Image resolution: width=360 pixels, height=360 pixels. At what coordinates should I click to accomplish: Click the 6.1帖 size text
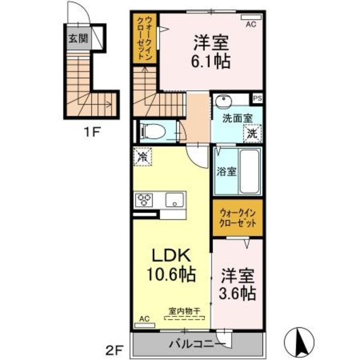point(212,61)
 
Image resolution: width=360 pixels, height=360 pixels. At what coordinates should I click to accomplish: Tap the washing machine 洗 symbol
point(251,134)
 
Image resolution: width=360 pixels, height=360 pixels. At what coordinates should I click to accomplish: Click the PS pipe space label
point(257,98)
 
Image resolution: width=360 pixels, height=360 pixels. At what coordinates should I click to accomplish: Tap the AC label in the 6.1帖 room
point(251,24)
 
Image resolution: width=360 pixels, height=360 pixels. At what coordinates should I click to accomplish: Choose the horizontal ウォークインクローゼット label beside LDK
point(238,218)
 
